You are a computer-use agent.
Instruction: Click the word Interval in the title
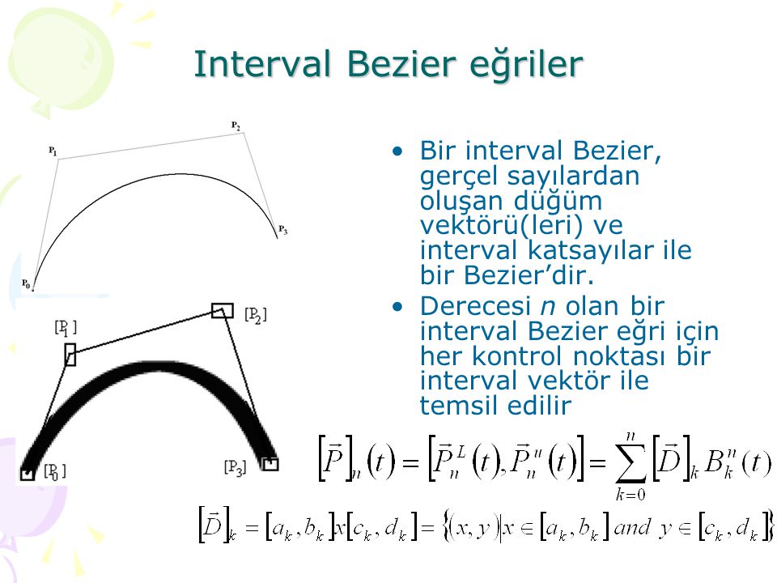(x=262, y=64)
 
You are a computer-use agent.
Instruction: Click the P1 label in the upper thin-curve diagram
(x=53, y=151)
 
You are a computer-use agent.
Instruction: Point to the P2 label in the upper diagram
(x=236, y=126)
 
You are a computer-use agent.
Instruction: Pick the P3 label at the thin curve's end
(x=283, y=229)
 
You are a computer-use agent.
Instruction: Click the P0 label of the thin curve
(x=26, y=284)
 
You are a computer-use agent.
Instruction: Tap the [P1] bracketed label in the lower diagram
(x=66, y=328)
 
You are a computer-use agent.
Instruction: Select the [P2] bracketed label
(x=256, y=315)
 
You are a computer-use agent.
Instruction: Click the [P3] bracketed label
(x=235, y=468)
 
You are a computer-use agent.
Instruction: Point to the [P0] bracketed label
(x=55, y=471)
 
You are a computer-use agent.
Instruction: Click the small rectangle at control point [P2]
(x=223, y=311)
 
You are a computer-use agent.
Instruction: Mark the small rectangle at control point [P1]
(x=70, y=355)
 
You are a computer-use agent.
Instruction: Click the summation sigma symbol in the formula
(x=631, y=463)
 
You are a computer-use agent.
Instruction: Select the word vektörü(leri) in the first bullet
(x=502, y=226)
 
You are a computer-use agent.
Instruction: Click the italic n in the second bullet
(x=548, y=307)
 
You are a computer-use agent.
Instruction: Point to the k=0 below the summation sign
(x=631, y=494)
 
